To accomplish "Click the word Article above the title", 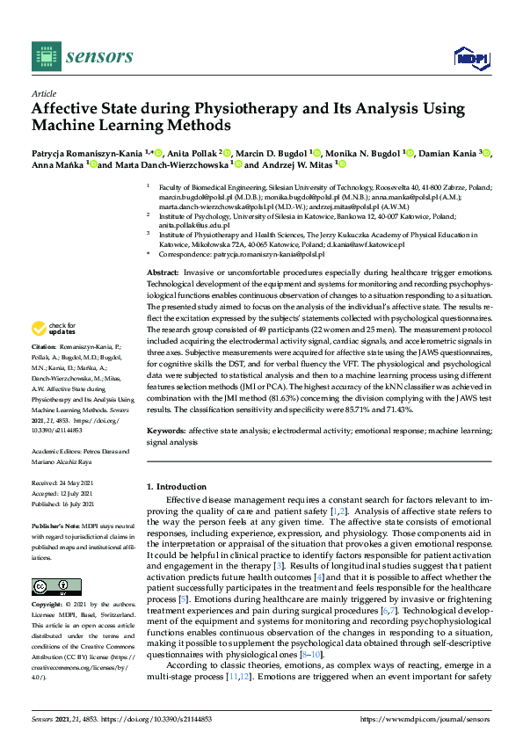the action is point(43,92).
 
